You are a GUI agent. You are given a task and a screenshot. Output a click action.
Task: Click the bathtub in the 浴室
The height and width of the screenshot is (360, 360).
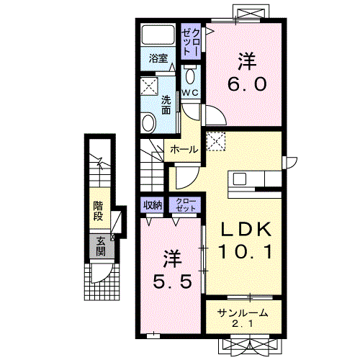pos(158,35)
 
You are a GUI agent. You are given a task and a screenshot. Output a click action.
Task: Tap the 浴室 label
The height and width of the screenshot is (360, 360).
pos(158,58)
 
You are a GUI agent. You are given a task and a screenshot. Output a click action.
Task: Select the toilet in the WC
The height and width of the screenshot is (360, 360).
pos(190,75)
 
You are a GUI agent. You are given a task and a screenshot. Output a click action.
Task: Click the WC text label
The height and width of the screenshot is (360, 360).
pos(190,93)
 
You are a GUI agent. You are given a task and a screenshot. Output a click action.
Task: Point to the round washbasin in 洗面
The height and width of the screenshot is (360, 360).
pos(148,122)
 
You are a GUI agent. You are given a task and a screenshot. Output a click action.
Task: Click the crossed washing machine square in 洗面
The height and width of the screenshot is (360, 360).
pos(149,86)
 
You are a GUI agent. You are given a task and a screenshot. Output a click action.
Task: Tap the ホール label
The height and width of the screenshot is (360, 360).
pos(184,150)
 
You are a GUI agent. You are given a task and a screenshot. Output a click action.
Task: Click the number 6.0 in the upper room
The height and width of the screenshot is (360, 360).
pos(247,84)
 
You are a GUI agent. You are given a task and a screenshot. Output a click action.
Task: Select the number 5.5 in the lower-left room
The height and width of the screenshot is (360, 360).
pos(173,282)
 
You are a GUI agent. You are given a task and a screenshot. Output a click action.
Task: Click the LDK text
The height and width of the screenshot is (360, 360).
pos(246,230)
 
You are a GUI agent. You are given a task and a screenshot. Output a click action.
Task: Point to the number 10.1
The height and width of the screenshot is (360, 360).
pos(246,251)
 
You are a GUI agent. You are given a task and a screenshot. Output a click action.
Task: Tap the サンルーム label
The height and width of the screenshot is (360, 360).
pos(243,313)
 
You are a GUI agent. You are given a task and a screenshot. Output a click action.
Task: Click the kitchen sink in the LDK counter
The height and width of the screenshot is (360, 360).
pos(240,179)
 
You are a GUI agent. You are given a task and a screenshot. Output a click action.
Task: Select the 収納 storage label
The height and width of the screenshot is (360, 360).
pos(153,205)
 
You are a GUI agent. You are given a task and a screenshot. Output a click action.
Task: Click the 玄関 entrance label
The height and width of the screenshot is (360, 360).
pos(101,246)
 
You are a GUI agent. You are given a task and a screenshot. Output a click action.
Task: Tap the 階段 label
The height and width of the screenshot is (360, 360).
pos(98,211)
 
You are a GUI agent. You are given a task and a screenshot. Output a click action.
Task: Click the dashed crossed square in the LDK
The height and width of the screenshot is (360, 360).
pos(216,141)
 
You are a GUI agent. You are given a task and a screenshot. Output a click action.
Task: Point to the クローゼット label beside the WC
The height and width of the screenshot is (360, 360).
pos(191,42)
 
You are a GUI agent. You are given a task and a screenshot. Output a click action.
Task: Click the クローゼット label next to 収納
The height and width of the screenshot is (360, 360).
pos(186,204)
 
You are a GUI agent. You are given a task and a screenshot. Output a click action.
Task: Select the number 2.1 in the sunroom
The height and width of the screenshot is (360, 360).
pos(243,324)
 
